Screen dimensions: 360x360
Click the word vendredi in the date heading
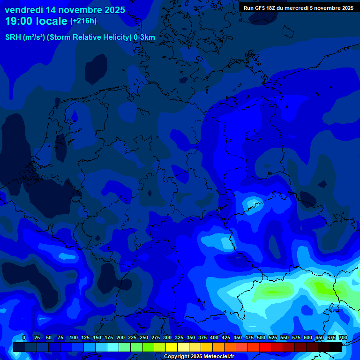[24, 10]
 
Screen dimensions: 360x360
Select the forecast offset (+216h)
[83, 21]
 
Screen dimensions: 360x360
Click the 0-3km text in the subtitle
[144, 37]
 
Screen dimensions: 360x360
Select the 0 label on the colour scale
[24, 337]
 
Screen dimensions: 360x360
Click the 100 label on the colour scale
[74, 337]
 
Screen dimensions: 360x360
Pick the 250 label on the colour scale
[144, 337]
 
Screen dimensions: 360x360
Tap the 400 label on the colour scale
[214, 337]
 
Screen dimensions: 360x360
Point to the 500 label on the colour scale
[261, 337]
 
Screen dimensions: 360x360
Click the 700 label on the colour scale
[343, 337]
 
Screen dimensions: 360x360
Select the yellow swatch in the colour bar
[172, 347]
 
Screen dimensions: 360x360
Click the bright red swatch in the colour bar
[265, 347]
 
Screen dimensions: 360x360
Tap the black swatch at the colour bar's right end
[336, 347]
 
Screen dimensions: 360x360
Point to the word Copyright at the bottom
[176, 357]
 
